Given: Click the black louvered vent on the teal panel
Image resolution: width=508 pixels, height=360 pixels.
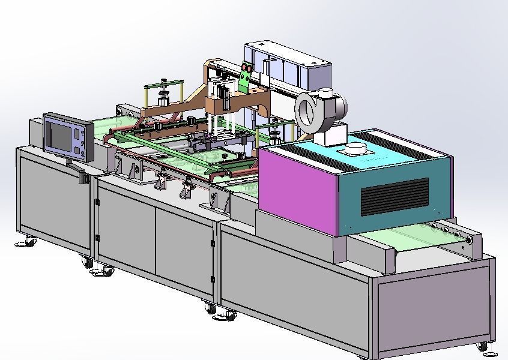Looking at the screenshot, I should tap(393, 197).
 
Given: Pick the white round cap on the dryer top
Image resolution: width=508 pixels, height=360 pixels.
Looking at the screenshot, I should tap(355, 149).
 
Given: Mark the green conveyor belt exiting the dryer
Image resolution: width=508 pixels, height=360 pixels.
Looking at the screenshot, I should tap(420, 240).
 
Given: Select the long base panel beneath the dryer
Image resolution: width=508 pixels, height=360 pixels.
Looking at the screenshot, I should tap(294, 282).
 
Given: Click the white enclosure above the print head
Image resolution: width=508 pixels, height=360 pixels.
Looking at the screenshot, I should tap(288, 60).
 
